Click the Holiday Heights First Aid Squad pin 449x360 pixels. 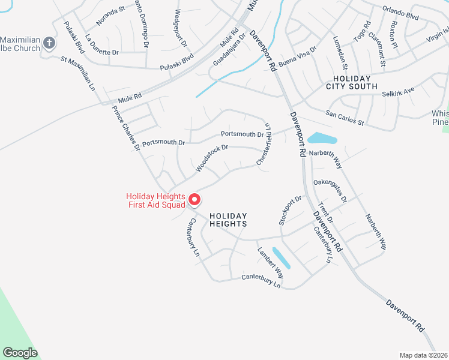point(194,200)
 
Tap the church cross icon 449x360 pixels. point(49,43)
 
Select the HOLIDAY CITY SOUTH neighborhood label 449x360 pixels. point(352,83)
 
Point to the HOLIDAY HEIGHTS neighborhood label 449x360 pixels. point(228,219)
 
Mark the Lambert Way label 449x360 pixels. point(270,263)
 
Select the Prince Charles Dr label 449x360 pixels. point(125,127)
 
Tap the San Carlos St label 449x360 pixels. point(345,118)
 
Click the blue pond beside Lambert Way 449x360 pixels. point(281,257)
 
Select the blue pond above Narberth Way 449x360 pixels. point(322,139)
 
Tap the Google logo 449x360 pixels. point(20,352)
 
